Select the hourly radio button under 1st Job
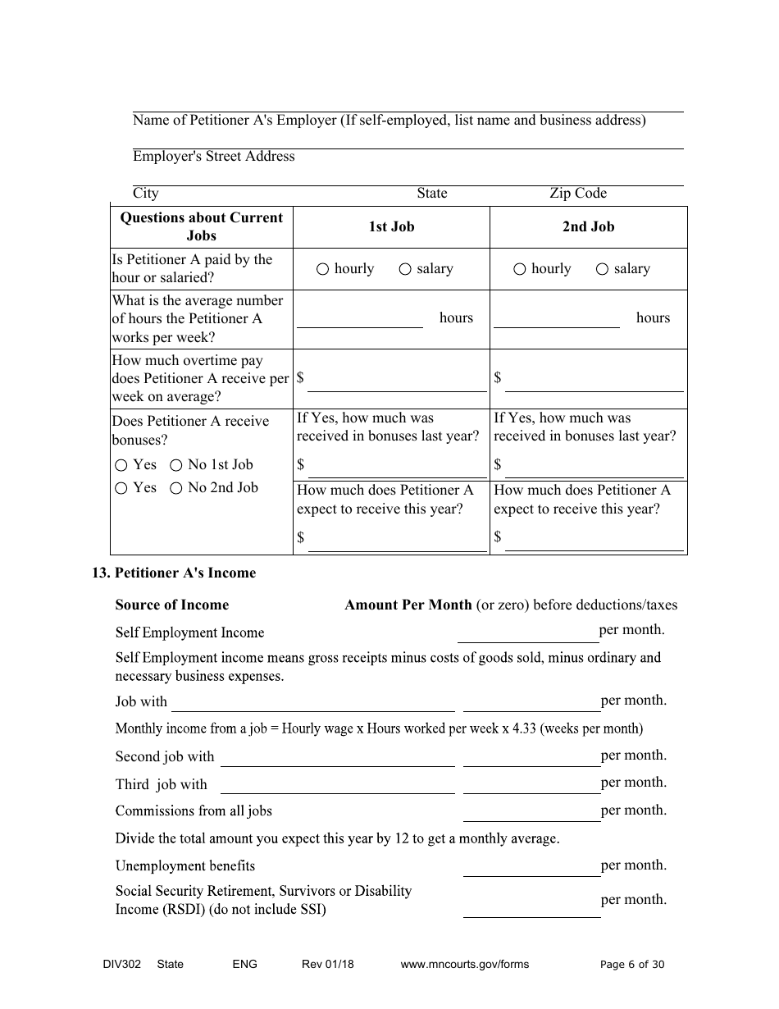(322, 269)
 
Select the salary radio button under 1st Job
(404, 269)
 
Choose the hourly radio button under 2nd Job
(519, 269)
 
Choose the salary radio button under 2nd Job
(602, 269)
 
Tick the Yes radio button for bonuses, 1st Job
(121, 465)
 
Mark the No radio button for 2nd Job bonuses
(175, 488)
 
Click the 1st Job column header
(391, 227)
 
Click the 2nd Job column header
(588, 227)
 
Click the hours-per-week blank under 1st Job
(359, 320)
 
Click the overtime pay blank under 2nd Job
(594, 382)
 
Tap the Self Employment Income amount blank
(527, 632)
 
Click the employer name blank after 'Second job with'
(337, 757)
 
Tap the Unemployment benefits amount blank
(531, 867)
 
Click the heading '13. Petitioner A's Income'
(174, 573)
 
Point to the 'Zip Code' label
(578, 194)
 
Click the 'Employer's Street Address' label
(213, 157)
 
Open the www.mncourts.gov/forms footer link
(464, 965)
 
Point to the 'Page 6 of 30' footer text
(632, 965)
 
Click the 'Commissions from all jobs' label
(194, 811)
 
